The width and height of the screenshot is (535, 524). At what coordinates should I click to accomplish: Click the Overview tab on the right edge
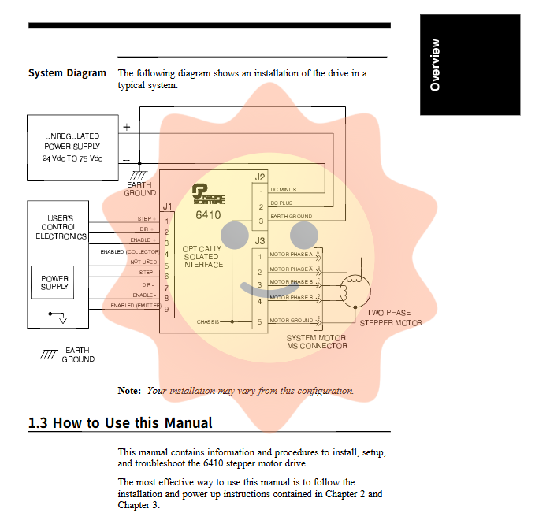tap(434, 65)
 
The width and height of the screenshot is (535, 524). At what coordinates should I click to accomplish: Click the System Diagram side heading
tap(67, 73)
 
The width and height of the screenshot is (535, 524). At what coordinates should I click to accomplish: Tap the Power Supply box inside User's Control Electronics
tap(55, 283)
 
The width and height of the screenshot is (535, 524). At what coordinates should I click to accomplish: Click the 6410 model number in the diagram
tap(208, 214)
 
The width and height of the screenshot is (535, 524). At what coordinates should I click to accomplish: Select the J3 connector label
tap(260, 240)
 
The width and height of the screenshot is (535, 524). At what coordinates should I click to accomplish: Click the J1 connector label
tap(167, 206)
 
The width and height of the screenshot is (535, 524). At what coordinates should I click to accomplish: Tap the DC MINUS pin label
tap(284, 190)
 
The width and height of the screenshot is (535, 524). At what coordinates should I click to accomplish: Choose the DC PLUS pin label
tap(282, 203)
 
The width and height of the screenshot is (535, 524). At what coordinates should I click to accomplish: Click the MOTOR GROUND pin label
tap(291, 321)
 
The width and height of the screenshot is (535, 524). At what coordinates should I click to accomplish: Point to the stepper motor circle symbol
tap(354, 290)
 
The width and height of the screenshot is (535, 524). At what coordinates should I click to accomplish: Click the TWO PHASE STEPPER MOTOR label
tap(390, 318)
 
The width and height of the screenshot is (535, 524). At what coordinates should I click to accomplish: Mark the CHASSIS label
tap(209, 321)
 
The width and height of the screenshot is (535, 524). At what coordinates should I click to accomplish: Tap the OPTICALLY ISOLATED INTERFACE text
tap(202, 257)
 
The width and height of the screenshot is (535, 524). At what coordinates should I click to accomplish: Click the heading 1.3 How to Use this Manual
tap(120, 423)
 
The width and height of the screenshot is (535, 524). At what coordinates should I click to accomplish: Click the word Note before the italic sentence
tap(128, 391)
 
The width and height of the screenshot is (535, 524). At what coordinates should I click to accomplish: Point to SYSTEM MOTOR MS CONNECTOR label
tap(317, 341)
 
